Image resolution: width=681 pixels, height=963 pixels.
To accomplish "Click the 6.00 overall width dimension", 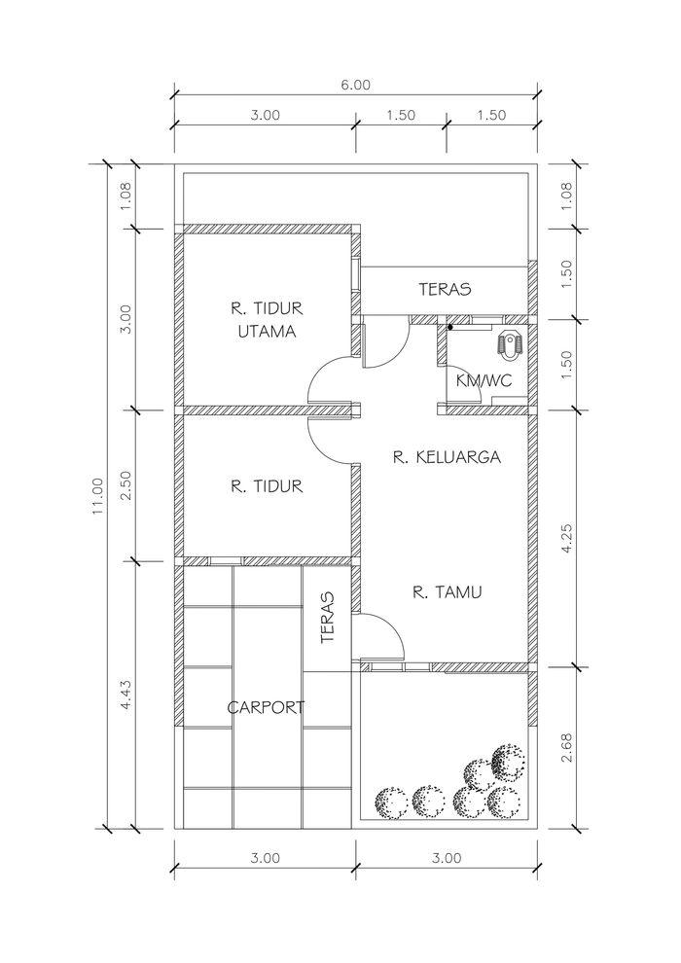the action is tap(355, 85).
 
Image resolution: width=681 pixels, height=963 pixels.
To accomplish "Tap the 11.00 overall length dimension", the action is tap(98, 496).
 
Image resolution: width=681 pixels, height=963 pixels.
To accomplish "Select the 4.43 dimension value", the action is tap(125, 694).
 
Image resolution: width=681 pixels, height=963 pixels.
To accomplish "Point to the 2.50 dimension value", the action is tap(125, 485).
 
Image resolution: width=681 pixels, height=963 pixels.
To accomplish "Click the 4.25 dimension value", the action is tap(567, 538).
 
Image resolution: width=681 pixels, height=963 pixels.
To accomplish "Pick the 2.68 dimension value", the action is tap(567, 747).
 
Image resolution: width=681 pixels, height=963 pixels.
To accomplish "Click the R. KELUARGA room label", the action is tap(447, 457).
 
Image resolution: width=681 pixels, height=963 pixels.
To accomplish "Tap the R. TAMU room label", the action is tap(447, 592).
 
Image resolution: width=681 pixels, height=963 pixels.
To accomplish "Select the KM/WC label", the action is tap(484, 380).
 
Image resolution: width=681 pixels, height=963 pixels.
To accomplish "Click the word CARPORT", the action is tap(266, 707).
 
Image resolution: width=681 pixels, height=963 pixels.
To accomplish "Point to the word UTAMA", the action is tap(268, 332).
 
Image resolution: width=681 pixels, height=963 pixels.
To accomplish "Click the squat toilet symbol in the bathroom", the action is tap(510, 344).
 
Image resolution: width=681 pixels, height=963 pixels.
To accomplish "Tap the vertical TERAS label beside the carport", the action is tap(328, 618).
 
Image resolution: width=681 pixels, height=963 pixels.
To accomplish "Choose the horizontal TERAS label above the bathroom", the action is tap(446, 289).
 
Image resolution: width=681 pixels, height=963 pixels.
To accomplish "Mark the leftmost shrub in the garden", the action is tap(391, 802).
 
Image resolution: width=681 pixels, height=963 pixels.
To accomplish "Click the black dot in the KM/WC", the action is tap(450, 328).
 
